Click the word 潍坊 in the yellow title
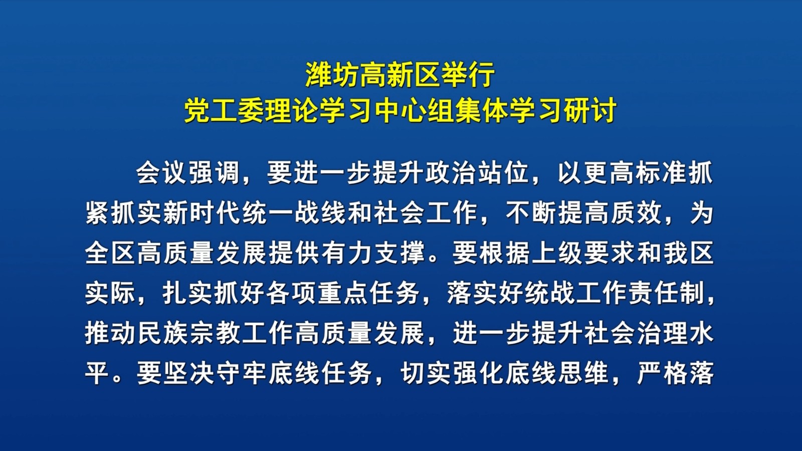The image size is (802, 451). point(332,75)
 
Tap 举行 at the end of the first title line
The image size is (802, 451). point(468,75)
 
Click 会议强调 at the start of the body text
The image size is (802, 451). point(188,173)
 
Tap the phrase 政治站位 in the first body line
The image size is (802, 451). point(478,173)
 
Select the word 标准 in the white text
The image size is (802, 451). point(662,173)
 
